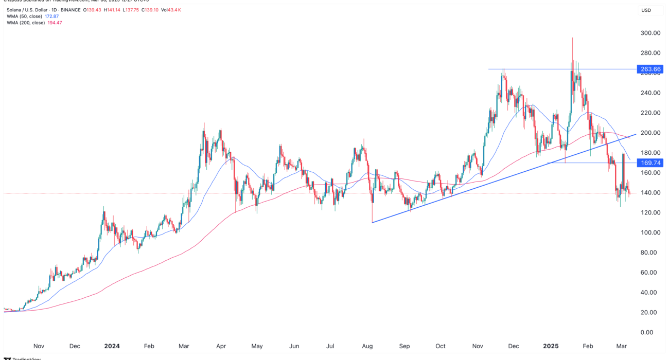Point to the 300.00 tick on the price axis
coord(650,33)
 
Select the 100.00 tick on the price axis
coord(650,232)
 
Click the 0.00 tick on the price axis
coord(653,332)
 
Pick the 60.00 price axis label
coord(651,273)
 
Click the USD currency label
coord(646,10)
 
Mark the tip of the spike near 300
coord(572,38)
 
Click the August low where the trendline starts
coord(372,222)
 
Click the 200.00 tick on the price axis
coord(650,133)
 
